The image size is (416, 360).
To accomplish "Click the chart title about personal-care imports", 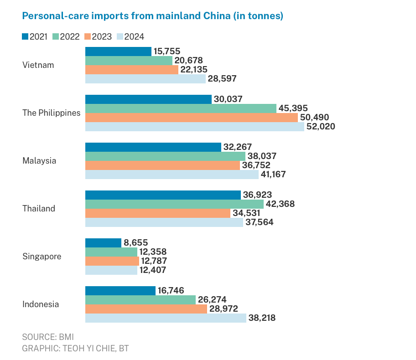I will click(153, 16).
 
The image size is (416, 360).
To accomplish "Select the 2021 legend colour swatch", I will click(25, 37).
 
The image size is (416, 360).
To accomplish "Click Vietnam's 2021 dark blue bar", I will click(118, 51).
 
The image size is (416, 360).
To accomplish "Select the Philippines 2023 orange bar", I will click(191, 118).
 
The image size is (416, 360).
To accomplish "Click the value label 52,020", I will click(321, 127).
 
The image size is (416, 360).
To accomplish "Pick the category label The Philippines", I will click(52, 113).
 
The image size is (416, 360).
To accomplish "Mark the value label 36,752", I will click(256, 165).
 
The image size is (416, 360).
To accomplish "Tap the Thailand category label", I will click(39, 209).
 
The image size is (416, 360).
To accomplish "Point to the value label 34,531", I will click(247, 213).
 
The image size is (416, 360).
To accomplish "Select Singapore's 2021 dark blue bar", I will click(103, 243).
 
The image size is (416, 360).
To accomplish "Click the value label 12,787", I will click(154, 261).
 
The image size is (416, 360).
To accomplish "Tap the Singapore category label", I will click(42, 257).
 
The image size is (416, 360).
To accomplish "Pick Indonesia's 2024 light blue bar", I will click(166, 318).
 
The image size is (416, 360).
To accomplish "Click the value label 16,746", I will click(171, 291).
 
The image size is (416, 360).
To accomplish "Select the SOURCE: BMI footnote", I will click(48, 337).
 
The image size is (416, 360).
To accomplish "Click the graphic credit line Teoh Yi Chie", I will click(76, 349).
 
